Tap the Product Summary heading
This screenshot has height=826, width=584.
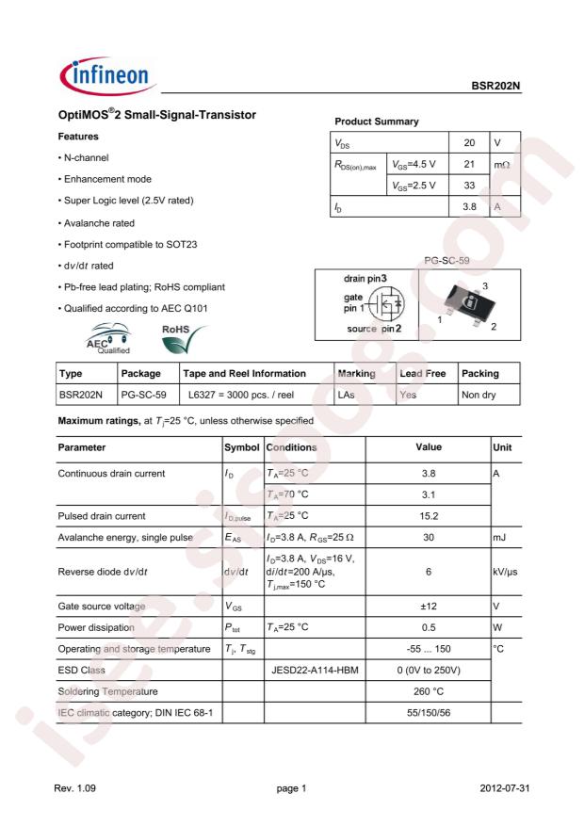coord(378,122)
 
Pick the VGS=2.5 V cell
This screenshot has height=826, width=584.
coord(414,186)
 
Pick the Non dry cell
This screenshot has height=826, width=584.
coord(479,397)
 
